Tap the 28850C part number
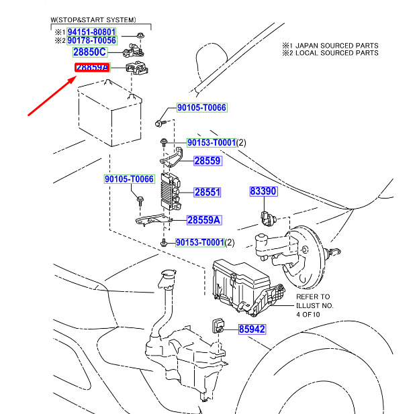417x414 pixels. coord(90,52)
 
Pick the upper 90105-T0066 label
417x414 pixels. coord(202,107)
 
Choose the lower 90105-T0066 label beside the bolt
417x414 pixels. coord(129,179)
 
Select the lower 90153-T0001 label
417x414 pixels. coord(199,242)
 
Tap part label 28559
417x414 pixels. coord(207,161)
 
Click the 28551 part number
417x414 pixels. coord(207,193)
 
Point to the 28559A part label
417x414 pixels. coord(203,219)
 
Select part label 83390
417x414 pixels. coord(263,191)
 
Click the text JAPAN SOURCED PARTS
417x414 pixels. coord(335,45)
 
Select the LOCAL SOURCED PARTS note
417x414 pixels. coord(335,53)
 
